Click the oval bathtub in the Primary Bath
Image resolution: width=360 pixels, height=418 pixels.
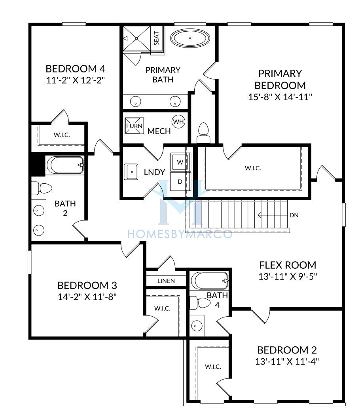tap(190, 38)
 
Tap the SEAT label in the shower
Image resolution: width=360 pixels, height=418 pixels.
tap(156, 38)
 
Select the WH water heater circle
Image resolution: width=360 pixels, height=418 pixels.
tap(178, 122)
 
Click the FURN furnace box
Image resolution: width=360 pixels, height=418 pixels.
tap(134, 126)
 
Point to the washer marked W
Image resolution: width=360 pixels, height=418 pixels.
tap(180, 162)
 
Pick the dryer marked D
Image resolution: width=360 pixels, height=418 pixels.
tap(180, 182)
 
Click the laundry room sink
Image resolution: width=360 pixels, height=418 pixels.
tap(131, 172)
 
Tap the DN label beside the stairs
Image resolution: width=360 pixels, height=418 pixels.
tap(294, 215)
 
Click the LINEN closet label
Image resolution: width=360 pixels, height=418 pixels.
tap(166, 281)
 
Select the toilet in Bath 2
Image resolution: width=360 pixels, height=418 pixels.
tap(42, 188)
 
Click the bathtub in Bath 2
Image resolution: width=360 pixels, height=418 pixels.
tap(65, 165)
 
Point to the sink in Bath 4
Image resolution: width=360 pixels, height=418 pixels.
tap(197, 325)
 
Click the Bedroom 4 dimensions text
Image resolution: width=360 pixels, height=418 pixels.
tap(76, 80)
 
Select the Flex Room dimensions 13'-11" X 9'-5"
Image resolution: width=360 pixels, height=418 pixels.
tap(288, 277)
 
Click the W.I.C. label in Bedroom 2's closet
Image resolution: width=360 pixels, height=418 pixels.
tap(213, 367)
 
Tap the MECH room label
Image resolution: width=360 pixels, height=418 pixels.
tap(159, 131)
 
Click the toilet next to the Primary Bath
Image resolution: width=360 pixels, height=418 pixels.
tap(203, 133)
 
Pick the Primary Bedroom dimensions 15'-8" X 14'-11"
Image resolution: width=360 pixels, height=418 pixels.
tap(280, 97)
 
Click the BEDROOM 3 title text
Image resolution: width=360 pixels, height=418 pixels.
tap(87, 285)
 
